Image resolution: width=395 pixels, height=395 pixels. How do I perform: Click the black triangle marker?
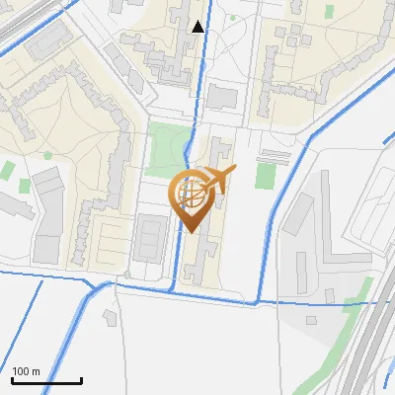point(198,26)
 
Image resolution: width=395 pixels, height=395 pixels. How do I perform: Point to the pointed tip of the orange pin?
point(193,232)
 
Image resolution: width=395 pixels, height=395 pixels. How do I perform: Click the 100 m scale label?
point(26,371)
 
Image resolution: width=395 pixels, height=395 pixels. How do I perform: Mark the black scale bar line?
point(45,381)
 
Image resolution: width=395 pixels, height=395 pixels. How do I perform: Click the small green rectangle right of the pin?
point(264,176)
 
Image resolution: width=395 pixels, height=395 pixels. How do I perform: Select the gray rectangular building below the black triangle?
point(223,97)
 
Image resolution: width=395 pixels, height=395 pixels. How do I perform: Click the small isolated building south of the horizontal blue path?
point(110,316)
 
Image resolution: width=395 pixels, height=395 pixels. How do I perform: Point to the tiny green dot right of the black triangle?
point(233,18)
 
